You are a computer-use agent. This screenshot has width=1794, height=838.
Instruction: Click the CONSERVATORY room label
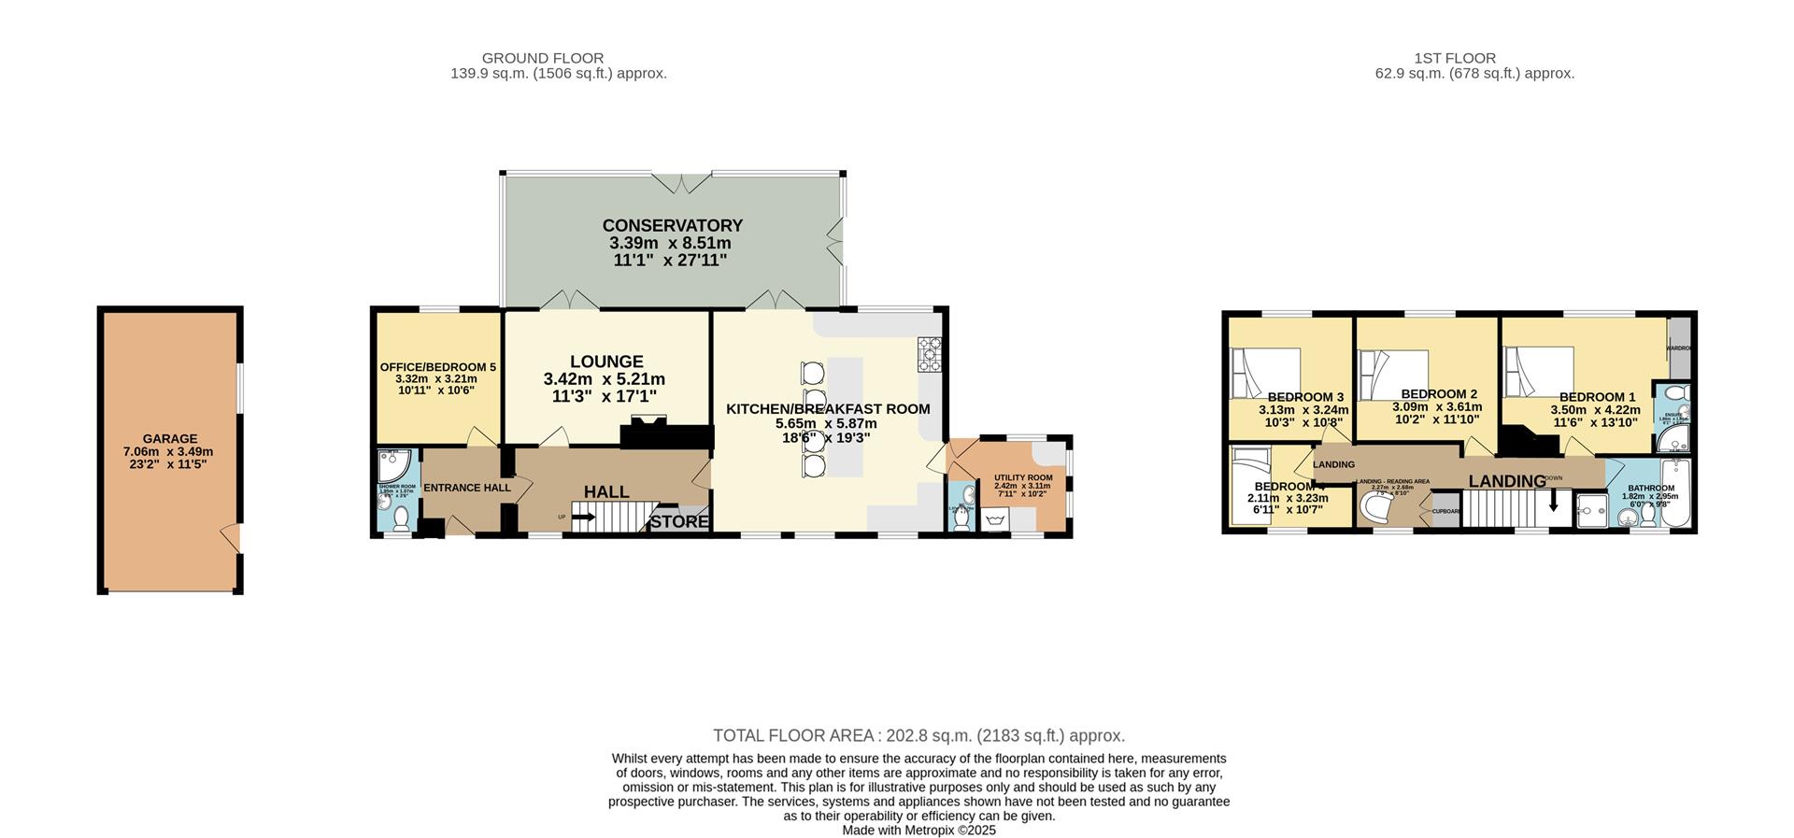coord(672,226)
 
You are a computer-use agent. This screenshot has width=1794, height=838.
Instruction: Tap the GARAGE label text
coord(169,438)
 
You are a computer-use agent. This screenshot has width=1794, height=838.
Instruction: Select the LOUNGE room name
coord(606,362)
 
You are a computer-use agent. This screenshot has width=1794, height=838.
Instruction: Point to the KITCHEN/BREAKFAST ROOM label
coord(828,409)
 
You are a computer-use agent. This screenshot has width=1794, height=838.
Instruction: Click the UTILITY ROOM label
coord(1023,477)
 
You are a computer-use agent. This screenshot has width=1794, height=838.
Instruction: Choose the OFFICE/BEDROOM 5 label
coord(437,367)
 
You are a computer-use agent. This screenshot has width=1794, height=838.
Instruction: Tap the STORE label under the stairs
coord(679,521)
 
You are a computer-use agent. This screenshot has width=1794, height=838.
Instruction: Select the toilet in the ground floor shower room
coord(402,517)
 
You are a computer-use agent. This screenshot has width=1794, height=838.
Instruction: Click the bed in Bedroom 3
coord(1265,373)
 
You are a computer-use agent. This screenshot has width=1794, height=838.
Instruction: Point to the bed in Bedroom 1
coord(1538,372)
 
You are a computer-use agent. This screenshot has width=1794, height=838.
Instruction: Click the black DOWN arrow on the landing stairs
coord(1554,502)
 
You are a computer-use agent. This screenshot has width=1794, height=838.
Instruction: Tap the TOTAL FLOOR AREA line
coord(918,735)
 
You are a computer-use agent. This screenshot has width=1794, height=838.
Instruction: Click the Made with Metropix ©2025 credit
coord(918,830)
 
